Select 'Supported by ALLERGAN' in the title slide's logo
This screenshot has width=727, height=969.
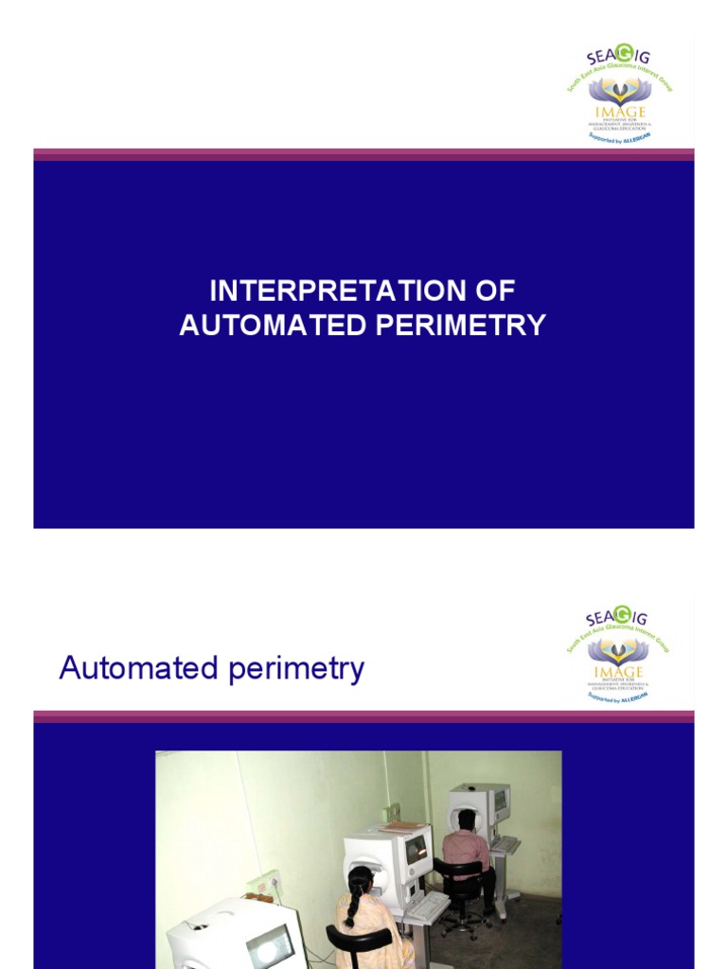[620, 137]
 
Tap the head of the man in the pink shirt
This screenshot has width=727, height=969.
[466, 819]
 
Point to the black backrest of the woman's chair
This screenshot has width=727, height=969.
[359, 941]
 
